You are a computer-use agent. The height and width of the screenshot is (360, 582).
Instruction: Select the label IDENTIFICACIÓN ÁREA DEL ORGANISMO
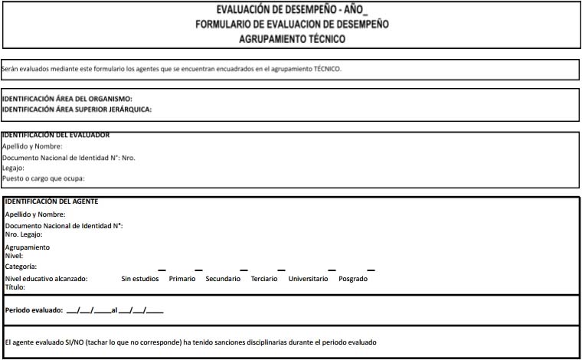[68, 99]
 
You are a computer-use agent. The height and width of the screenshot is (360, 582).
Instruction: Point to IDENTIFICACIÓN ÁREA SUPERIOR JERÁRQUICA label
[77, 109]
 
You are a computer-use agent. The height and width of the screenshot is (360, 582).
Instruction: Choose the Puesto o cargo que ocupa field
[44, 178]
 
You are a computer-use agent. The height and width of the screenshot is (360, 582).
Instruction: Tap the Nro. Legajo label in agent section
[24, 234]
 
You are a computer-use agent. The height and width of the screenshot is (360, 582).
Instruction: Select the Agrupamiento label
[28, 247]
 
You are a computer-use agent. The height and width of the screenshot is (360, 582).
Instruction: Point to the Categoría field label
[21, 266]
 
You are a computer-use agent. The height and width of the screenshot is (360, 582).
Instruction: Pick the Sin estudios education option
[140, 279]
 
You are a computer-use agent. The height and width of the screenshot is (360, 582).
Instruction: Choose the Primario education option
[182, 279]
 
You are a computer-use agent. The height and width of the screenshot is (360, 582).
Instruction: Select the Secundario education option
[224, 279]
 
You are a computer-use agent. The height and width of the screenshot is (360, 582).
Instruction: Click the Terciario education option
[265, 279]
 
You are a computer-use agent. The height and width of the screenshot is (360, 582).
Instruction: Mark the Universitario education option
[308, 279]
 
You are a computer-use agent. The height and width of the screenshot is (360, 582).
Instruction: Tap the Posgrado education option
[353, 279]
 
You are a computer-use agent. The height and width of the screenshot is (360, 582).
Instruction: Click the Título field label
[15, 286]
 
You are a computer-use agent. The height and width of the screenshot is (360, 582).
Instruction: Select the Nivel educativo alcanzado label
[46, 279]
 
